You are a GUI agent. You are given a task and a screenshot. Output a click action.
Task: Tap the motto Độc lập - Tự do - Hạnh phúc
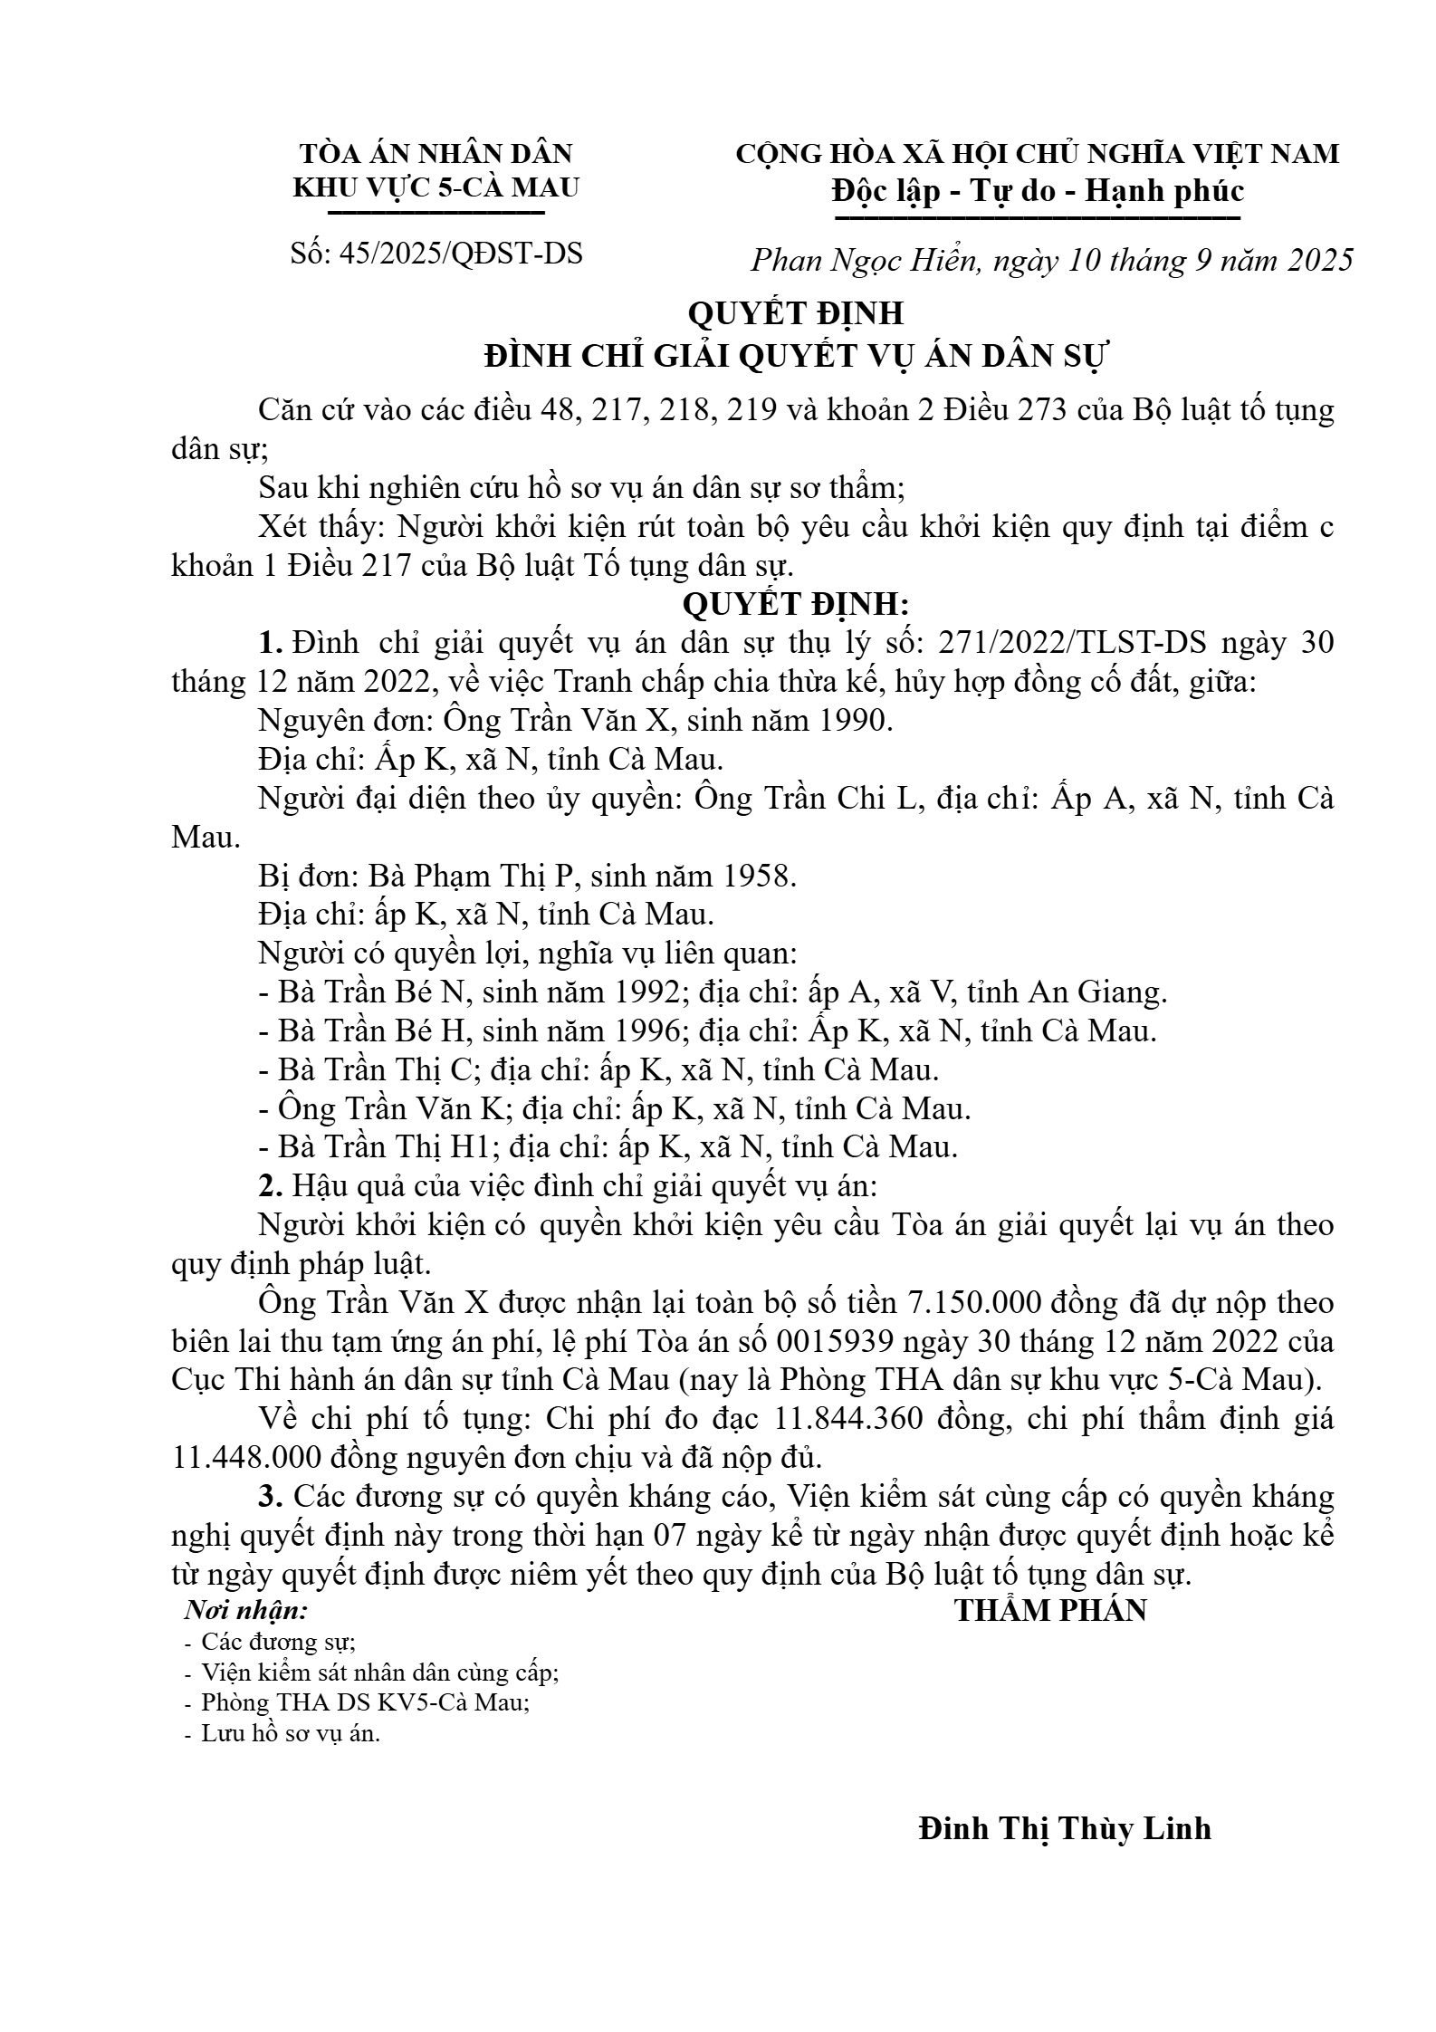1038,191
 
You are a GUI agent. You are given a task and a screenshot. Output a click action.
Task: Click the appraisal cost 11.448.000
239,1458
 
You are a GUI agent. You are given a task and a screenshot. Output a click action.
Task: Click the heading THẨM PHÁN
1050,1609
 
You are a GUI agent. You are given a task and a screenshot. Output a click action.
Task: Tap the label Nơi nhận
245,1610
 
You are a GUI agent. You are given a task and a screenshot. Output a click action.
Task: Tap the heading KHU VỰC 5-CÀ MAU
436,187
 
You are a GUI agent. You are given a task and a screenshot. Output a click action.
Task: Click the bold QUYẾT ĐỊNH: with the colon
796,604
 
